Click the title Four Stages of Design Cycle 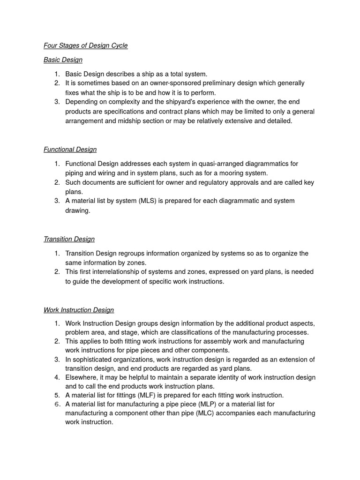(x=85, y=45)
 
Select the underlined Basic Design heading (x=63, y=60)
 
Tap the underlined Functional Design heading (x=70, y=149)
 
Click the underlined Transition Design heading (x=69, y=239)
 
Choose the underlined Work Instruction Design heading (x=79, y=310)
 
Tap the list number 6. (x=57, y=404)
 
